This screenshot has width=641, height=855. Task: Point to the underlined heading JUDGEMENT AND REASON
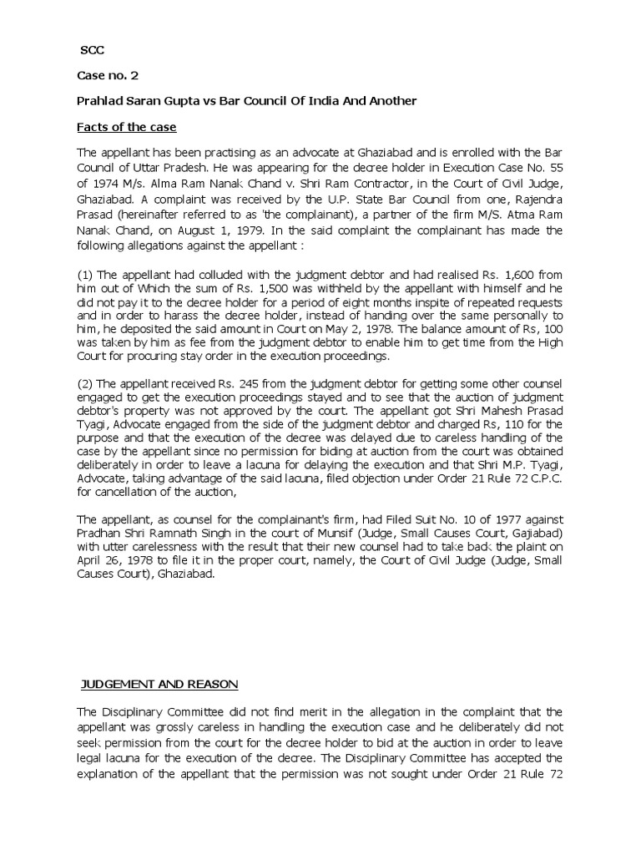159,685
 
